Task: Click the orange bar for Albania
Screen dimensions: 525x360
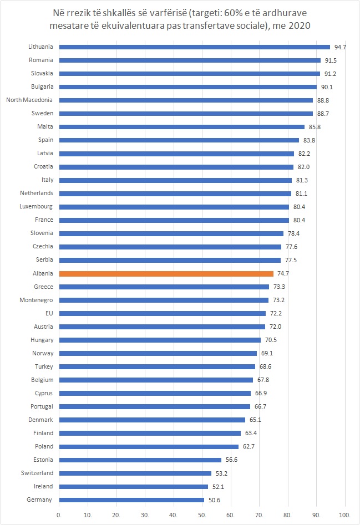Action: (166, 273)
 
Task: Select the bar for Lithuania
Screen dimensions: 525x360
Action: (194, 47)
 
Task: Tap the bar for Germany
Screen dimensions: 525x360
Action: (131, 499)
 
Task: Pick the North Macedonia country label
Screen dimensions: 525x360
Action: (29, 100)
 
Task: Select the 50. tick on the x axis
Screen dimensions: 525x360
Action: (202, 515)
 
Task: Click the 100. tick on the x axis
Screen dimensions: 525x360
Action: (345, 515)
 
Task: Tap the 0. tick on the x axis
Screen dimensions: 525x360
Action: (59, 515)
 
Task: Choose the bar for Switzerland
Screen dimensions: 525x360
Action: (135, 473)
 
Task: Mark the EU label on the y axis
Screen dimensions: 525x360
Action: (49, 313)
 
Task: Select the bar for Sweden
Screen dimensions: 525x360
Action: (186, 114)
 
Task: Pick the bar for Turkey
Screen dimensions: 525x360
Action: (157, 366)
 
